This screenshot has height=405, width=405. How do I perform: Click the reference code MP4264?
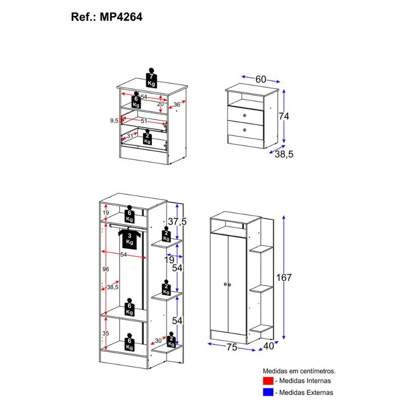click(x=121, y=17)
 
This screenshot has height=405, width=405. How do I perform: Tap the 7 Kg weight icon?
click(x=151, y=78)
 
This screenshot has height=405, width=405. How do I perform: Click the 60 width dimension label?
click(x=261, y=79)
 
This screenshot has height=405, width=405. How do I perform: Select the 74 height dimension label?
click(x=283, y=116)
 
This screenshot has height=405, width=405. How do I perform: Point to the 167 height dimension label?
click(x=284, y=277)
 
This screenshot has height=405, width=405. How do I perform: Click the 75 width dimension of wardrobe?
click(x=232, y=347)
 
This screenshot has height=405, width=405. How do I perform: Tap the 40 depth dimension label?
click(x=268, y=346)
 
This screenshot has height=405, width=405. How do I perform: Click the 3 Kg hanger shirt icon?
click(x=130, y=238)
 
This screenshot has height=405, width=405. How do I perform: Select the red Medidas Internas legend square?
click(x=268, y=381)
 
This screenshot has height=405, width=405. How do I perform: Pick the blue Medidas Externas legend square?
click(x=268, y=392)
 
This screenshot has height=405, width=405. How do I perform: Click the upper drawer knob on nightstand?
click(x=245, y=115)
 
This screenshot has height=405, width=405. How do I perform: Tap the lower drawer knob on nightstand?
click(x=245, y=130)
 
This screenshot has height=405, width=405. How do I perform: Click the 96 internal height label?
click(x=106, y=269)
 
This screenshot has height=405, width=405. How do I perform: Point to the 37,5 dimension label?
click(x=177, y=221)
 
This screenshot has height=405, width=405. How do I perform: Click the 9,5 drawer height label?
click(x=114, y=120)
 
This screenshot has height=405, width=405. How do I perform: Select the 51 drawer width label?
click(x=144, y=121)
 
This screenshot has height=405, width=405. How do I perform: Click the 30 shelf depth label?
click(x=158, y=341)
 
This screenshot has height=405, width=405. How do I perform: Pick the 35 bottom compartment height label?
click(x=106, y=333)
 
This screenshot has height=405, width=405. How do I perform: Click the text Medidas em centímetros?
click(x=299, y=371)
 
